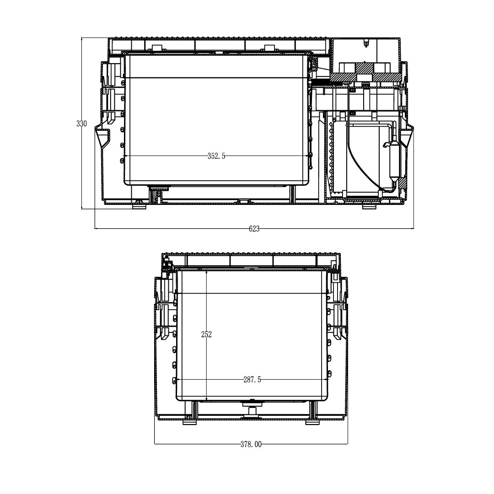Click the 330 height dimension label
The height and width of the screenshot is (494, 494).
[81, 123]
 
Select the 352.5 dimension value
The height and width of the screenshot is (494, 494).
[216, 156]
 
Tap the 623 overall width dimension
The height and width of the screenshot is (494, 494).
[254, 229]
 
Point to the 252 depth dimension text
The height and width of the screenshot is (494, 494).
[206, 334]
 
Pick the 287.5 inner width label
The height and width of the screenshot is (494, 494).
[252, 380]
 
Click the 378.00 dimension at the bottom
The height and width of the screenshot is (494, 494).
[251, 444]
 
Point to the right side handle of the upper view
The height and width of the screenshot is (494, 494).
[407, 137]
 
